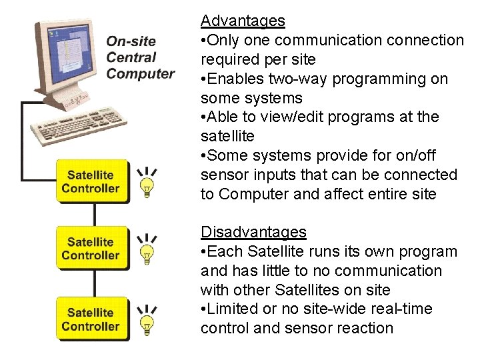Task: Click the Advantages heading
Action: tap(243, 21)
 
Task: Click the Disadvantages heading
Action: tap(253, 232)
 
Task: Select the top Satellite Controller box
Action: tap(91, 181)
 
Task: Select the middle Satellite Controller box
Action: tap(91, 248)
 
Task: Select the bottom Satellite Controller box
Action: tap(91, 319)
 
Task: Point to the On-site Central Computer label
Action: tap(139, 58)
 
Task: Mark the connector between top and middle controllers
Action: tap(95, 214)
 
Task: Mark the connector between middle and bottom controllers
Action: tap(95, 283)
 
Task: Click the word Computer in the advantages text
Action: tap(251, 194)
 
